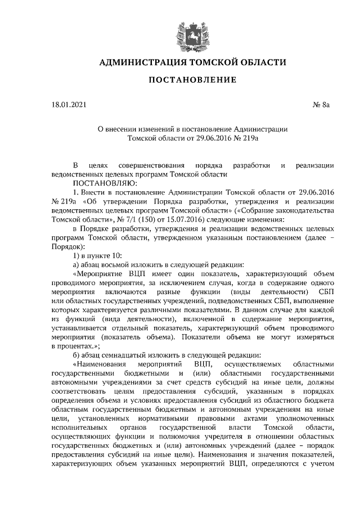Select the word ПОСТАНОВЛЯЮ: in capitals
point(102,183)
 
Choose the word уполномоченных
point(307,418)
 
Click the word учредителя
point(214,436)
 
